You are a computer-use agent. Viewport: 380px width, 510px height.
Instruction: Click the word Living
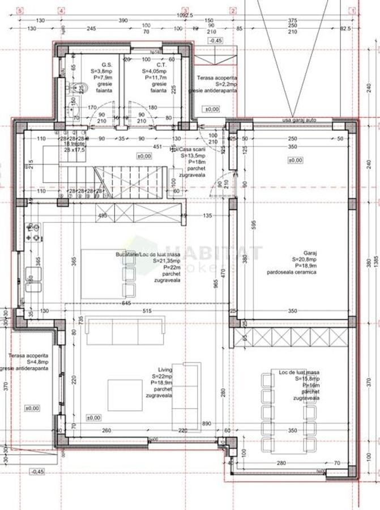pyautogui.click(x=165, y=377)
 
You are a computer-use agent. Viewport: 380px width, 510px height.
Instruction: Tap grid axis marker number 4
pyautogui.click(x=61, y=10)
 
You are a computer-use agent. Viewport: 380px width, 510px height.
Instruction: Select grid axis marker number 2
pyautogui.click(x=233, y=10)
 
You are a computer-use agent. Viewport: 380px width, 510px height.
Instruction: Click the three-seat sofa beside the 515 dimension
pyautogui.click(x=125, y=332)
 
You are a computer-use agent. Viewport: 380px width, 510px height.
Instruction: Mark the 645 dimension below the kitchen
pyautogui.click(x=127, y=304)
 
